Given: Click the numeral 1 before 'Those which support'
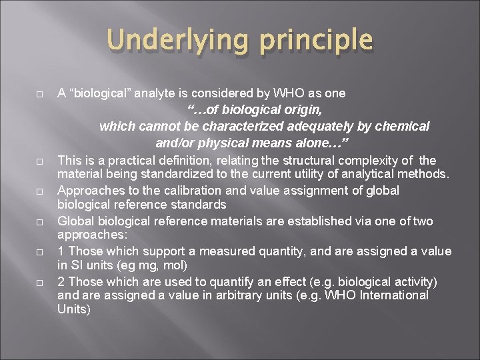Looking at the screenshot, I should (61, 251).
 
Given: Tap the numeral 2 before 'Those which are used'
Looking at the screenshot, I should (61, 281).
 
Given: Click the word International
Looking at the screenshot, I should (395, 295).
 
